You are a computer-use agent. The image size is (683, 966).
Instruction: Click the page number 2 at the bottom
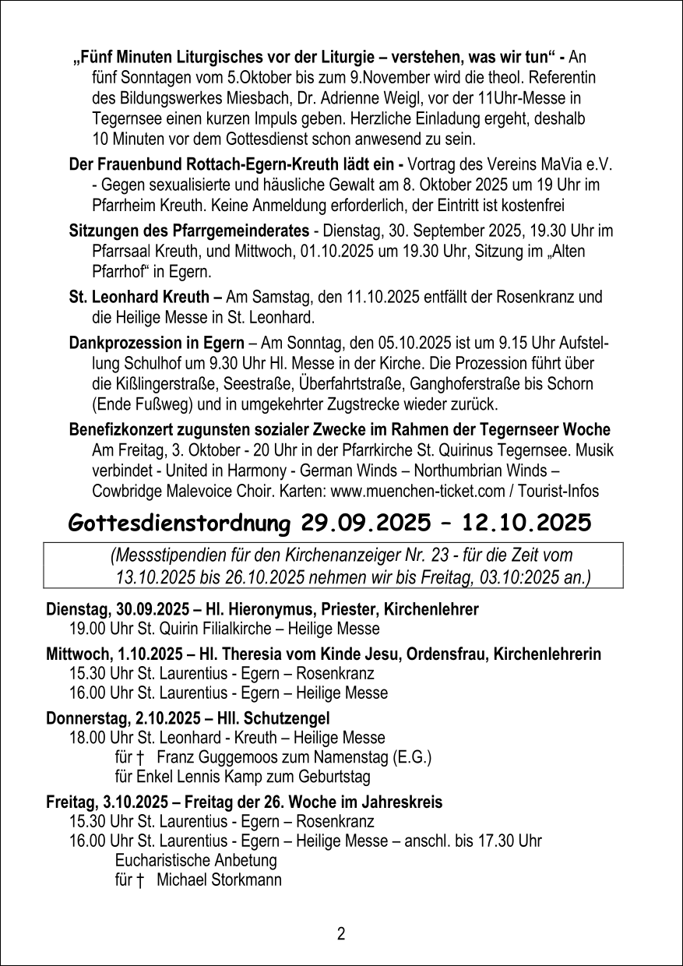[x=341, y=934]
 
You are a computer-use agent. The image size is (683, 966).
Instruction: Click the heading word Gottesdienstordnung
[x=181, y=523]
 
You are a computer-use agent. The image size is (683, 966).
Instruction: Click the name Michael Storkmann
[x=219, y=880]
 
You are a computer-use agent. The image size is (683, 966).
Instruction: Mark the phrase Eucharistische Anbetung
[x=195, y=861]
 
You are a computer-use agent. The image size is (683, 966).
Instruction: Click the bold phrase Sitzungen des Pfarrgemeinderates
[x=189, y=231]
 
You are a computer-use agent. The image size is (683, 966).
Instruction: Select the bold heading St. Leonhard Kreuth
[x=140, y=297]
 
